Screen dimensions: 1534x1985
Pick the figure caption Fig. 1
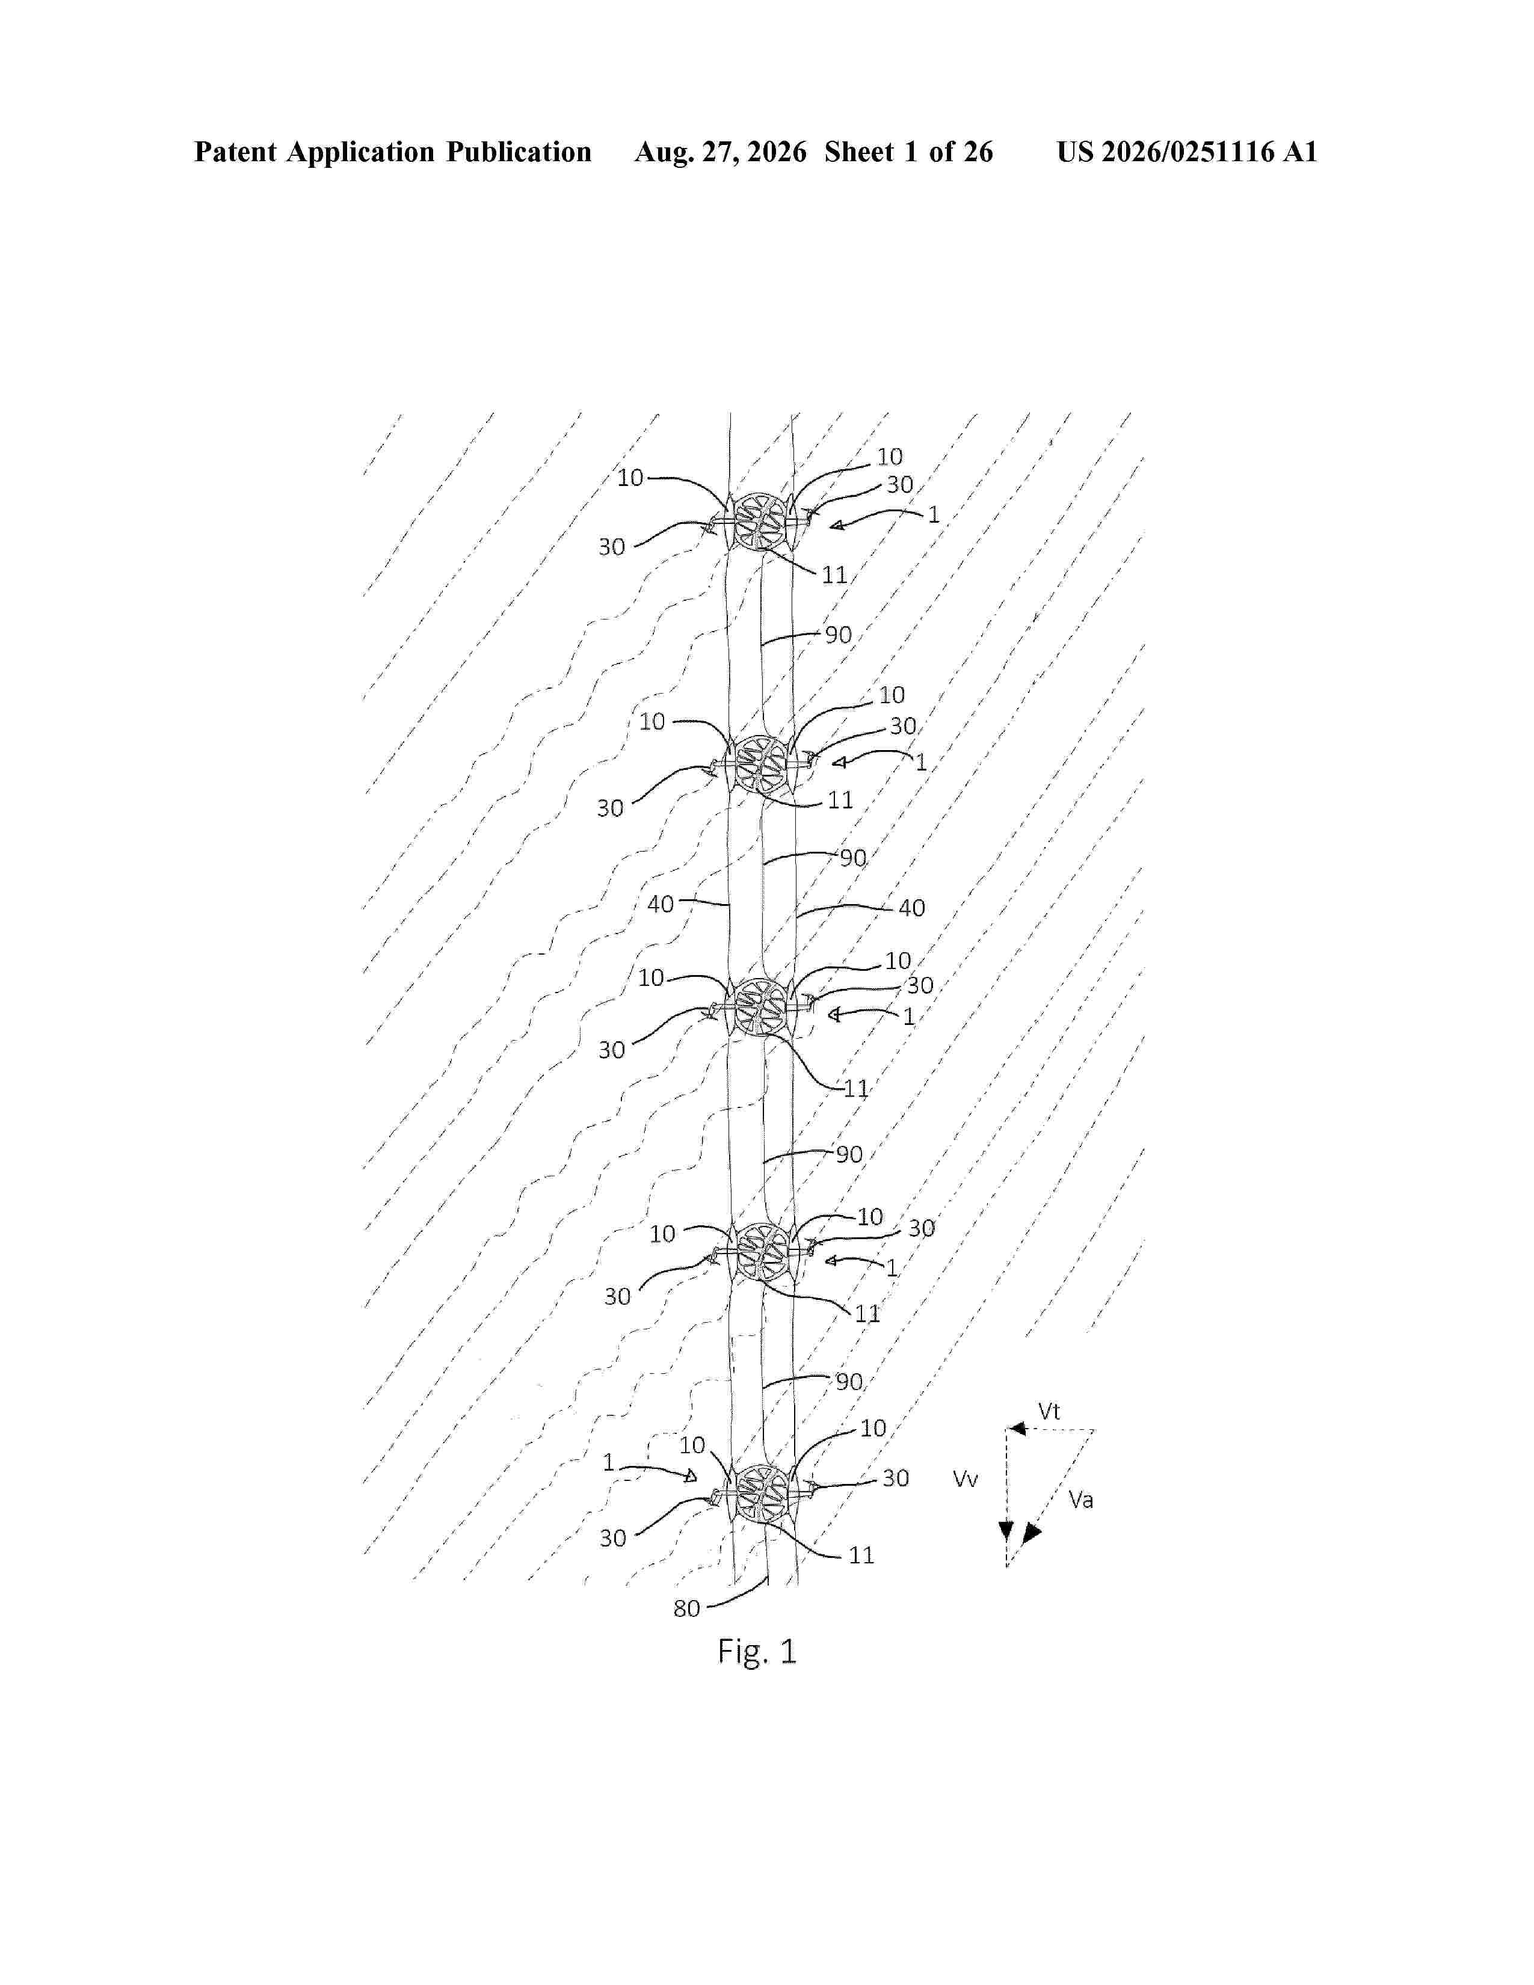pos(757,1651)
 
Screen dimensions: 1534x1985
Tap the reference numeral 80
pos(686,1608)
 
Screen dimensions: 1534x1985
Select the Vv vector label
pos(965,1479)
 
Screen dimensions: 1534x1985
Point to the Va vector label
pos(1080,1500)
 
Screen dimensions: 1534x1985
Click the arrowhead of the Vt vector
pos(1017,1429)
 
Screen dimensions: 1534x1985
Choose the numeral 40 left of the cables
pos(661,904)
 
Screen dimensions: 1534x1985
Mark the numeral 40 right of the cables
pos(911,908)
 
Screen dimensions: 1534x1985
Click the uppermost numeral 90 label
pos(838,635)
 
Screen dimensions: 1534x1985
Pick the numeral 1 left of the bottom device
pos(609,1462)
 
